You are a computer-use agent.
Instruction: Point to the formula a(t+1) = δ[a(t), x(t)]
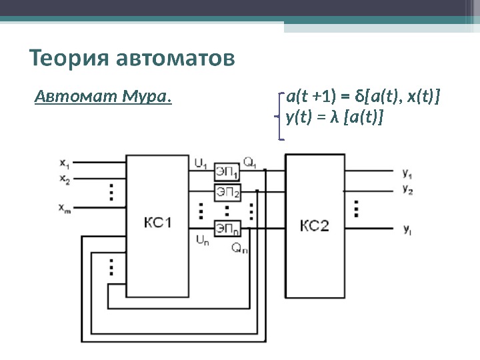(363, 98)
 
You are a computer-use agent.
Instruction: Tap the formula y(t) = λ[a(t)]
(334, 117)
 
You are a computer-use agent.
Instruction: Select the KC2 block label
(315, 225)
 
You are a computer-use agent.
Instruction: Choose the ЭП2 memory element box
(227, 192)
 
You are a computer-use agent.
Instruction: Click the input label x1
(64, 162)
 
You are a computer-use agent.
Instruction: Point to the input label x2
(64, 179)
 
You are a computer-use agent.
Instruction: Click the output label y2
(407, 189)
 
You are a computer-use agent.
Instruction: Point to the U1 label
(201, 162)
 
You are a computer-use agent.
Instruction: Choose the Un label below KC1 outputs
(201, 239)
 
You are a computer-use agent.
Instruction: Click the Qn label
(239, 249)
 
